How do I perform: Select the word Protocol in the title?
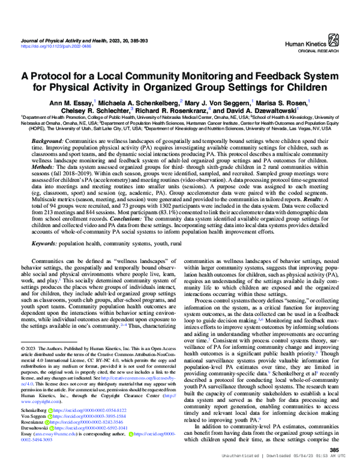pos(66,76)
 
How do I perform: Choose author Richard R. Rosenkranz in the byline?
pos(178,111)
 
